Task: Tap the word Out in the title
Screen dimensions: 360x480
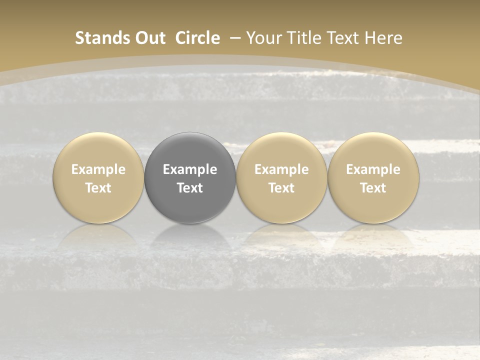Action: (150, 38)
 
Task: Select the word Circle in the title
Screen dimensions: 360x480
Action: (197, 38)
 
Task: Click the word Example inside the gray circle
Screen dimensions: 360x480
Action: (190, 169)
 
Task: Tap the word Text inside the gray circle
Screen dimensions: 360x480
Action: (190, 188)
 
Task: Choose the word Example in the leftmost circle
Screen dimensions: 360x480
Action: (98, 169)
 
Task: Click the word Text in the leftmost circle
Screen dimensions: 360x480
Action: (98, 188)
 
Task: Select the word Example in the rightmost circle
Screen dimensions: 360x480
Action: (373, 169)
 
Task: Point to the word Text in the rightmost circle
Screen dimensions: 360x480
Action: (373, 188)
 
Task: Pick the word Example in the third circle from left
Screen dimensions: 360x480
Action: (281, 169)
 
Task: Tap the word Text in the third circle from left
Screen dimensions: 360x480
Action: (281, 188)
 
